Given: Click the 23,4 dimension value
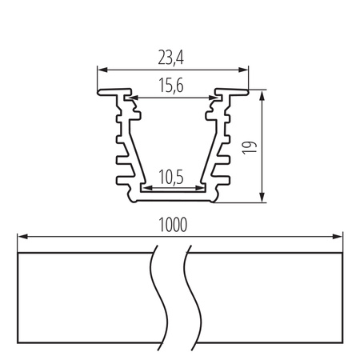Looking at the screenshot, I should [x=173, y=58].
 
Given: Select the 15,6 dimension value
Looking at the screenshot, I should [x=173, y=86].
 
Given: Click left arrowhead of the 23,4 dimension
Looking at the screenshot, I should [x=101, y=69].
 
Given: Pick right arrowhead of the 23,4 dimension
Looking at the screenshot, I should [x=245, y=69].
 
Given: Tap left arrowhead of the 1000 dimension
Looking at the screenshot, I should [x=21, y=237].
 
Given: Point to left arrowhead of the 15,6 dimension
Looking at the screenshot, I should [x=134, y=98].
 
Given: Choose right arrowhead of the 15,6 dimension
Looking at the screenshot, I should [x=214, y=98].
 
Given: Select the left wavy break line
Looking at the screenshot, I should [x=157, y=296].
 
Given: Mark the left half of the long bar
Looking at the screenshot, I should [x=84, y=296].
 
